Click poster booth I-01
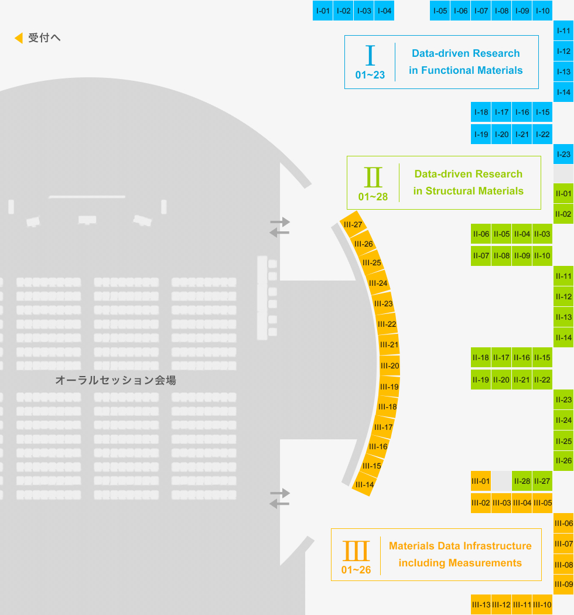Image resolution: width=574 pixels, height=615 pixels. point(323,11)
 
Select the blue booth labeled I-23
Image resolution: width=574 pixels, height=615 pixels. point(563,154)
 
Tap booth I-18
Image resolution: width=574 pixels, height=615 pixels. point(481,112)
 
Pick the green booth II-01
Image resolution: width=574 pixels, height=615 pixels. point(563,193)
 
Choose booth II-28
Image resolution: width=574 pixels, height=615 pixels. point(522,481)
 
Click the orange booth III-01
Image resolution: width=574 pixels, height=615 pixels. point(481,481)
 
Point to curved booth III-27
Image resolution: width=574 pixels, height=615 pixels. point(353,224)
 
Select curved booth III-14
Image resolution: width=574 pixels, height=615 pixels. point(364,484)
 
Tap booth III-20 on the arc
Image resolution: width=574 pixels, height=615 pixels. point(389,365)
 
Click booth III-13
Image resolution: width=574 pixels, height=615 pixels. point(481,605)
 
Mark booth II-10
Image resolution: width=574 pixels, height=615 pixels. point(542,256)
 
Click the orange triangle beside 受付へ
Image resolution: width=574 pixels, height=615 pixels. point(18,37)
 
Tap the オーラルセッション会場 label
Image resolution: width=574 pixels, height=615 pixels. point(116,380)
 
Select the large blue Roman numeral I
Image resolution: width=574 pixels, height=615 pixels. point(370,55)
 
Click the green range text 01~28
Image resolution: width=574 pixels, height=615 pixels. point(373,196)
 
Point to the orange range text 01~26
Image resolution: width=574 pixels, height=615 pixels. point(356,569)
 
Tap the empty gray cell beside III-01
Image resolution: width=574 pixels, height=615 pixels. point(501,481)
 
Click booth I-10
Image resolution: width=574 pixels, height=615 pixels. point(542,11)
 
